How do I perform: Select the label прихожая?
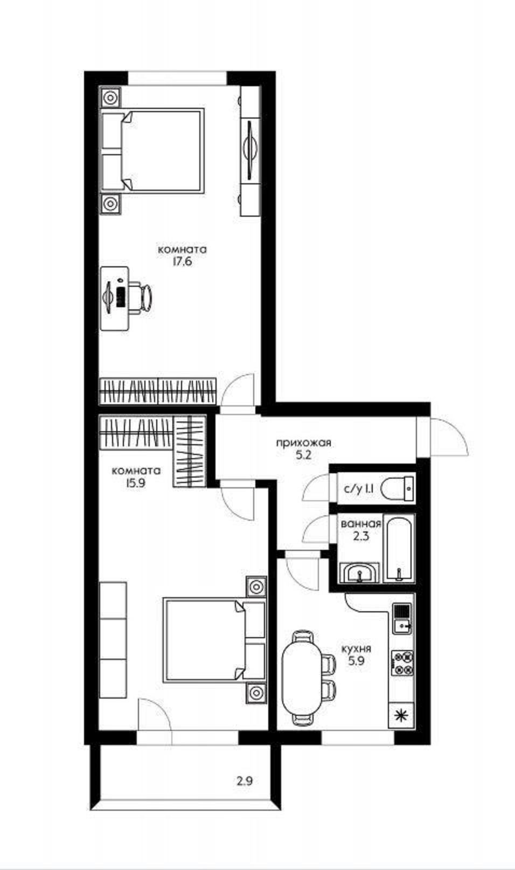(303, 443)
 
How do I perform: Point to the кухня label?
(356, 648)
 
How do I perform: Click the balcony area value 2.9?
(245, 781)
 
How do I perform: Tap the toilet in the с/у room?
(398, 489)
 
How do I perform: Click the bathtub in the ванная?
(399, 550)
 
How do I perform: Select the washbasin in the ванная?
(359, 572)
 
